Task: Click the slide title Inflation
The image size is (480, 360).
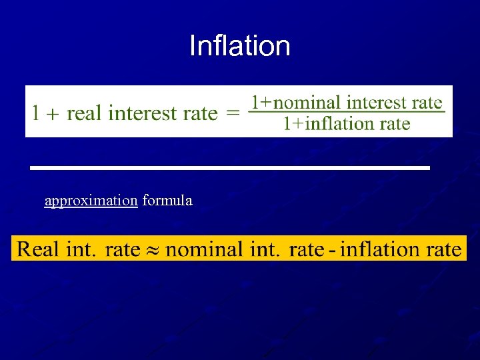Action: tap(240, 46)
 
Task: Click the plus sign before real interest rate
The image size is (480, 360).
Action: tap(53, 113)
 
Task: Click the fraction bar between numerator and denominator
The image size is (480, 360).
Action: tap(347, 112)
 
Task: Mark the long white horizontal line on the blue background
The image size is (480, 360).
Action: tap(230, 167)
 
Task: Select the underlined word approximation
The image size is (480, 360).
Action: tap(91, 201)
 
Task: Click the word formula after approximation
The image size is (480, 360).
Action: tap(167, 201)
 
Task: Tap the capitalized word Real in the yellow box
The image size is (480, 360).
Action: tap(38, 250)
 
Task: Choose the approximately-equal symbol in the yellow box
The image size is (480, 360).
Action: tap(153, 251)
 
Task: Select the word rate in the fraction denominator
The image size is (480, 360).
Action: tap(393, 123)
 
